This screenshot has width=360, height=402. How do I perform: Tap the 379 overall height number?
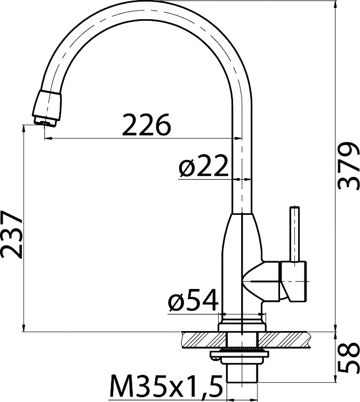click(348, 166)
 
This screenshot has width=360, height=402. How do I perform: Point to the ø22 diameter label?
click(203, 166)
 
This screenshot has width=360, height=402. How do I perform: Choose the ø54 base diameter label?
click(193, 300)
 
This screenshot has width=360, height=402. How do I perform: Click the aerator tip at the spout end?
click(45, 121)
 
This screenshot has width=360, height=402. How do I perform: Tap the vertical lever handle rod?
click(294, 234)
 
